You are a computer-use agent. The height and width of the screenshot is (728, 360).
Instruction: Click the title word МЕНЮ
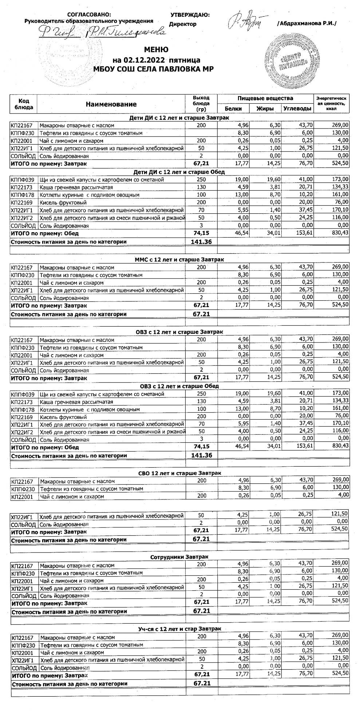(156, 50)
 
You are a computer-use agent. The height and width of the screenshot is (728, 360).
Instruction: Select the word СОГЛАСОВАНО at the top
(89, 15)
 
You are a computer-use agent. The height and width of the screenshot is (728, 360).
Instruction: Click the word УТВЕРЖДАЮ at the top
(190, 15)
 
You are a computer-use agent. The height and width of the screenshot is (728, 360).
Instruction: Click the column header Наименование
(111, 104)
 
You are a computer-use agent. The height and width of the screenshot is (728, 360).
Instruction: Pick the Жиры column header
(265, 108)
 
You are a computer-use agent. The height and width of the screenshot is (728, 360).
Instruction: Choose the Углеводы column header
(297, 108)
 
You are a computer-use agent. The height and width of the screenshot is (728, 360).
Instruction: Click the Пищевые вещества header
(265, 98)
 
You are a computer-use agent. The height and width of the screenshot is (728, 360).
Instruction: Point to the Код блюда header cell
(24, 104)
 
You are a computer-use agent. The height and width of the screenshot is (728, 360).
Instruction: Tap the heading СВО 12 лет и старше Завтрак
(179, 473)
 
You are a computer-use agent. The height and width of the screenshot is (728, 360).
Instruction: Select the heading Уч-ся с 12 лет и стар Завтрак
(179, 629)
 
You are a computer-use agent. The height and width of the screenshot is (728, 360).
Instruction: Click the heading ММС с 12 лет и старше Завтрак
(179, 259)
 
